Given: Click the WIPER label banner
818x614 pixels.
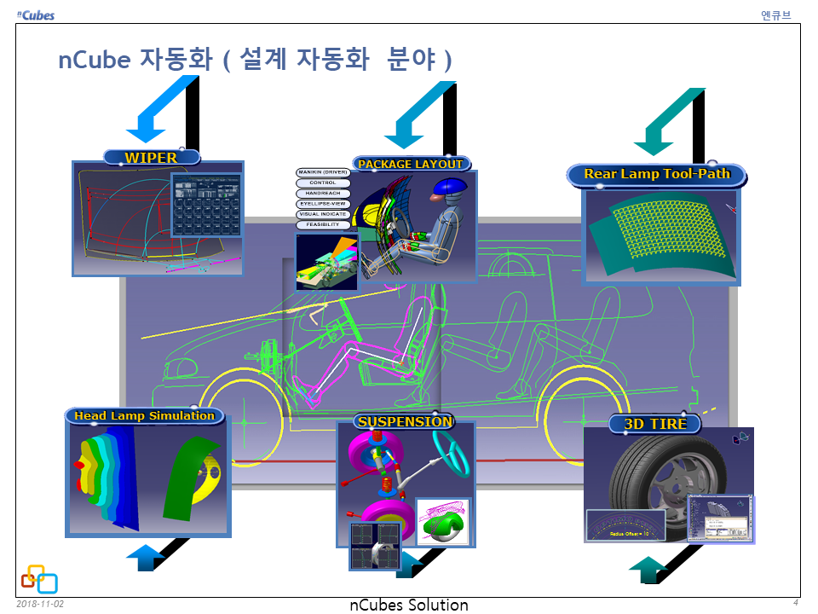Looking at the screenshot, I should (152, 158).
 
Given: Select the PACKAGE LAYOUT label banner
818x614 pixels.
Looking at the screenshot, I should (411, 164).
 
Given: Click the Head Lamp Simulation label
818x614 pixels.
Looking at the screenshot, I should (144, 416).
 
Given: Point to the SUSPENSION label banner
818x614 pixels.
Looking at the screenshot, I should (405, 421).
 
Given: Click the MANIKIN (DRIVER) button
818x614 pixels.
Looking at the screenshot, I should (323, 173).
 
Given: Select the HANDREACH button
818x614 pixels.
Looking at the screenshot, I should (323, 194).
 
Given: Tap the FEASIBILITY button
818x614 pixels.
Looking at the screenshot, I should (323, 224).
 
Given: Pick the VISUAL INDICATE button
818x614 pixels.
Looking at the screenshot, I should (323, 214).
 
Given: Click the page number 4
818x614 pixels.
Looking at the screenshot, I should (795, 603).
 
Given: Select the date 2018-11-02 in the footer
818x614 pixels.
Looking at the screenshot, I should (40, 604).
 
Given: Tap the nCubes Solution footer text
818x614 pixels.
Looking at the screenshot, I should (409, 605).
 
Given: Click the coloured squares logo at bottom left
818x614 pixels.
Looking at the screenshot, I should (39, 579).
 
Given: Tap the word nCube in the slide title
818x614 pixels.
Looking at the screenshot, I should (94, 61).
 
